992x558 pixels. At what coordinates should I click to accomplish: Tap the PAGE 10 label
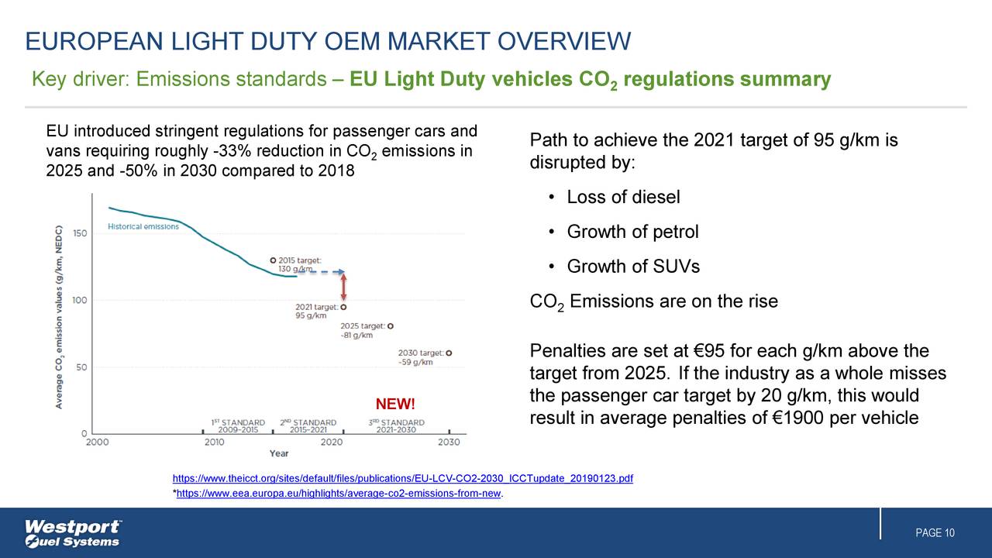point(935,533)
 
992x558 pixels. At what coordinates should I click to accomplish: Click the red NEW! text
point(395,405)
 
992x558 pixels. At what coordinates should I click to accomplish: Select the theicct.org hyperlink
point(402,479)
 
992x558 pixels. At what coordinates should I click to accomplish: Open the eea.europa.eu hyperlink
point(339,494)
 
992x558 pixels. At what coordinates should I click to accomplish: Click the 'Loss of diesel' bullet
point(623,198)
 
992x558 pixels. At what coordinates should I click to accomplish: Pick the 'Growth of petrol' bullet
point(632,232)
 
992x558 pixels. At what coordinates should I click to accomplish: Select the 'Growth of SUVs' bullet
point(633,267)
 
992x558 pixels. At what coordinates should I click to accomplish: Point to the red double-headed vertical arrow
point(343,287)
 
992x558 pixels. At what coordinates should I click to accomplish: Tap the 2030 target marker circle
point(449,353)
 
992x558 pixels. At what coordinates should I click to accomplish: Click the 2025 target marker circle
point(390,326)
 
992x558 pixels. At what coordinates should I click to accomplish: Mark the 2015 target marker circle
point(273,260)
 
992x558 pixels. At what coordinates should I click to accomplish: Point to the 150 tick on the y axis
point(80,232)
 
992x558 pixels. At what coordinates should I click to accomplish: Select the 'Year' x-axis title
point(279,453)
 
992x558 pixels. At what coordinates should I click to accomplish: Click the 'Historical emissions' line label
point(143,227)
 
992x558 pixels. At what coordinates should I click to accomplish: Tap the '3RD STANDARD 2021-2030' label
point(396,425)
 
